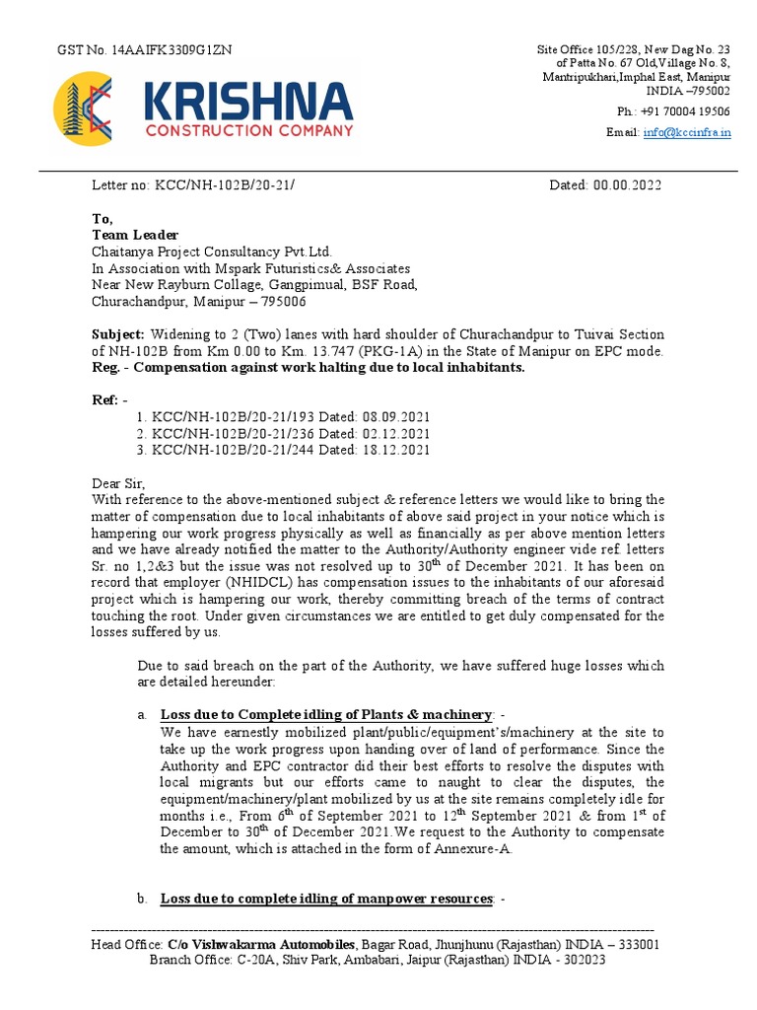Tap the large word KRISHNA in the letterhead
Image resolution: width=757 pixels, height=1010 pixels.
point(247,102)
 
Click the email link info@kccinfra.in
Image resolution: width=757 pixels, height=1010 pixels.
point(687,132)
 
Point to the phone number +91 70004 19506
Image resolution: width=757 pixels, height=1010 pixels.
point(687,111)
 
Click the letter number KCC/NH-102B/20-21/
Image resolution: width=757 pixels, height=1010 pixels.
point(225,184)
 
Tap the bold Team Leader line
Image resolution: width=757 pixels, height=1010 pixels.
point(135,235)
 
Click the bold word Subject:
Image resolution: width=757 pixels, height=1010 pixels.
point(118,335)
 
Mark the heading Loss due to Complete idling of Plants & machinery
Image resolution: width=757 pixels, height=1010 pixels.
point(325,714)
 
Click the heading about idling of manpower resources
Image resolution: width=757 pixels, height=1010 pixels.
point(325,899)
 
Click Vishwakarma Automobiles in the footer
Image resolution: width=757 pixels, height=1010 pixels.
point(261,945)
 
